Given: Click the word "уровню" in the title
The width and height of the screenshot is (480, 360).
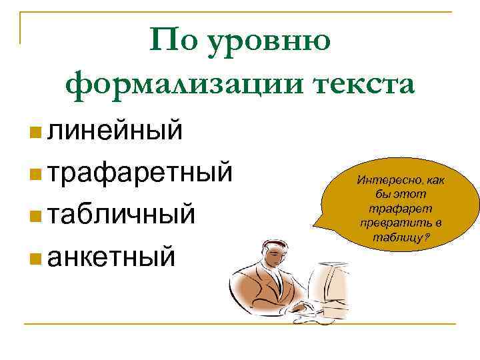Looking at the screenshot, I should tap(270, 41).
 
